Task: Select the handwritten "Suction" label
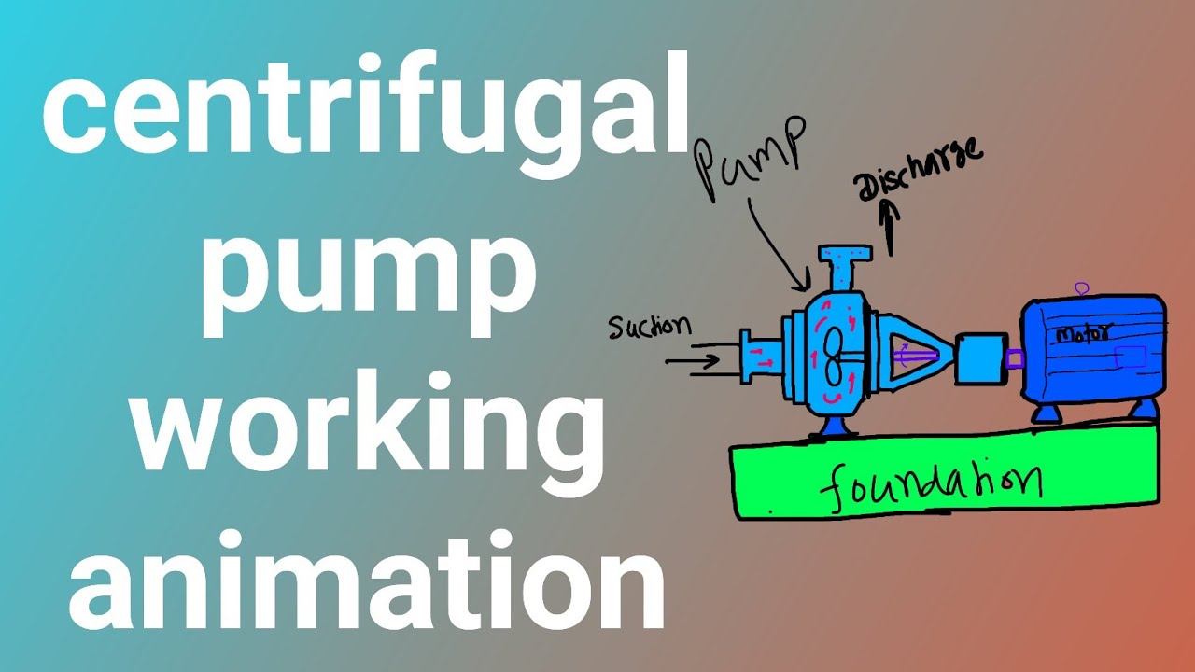click(650, 326)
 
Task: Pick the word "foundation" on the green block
click(934, 484)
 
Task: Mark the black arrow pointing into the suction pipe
click(694, 358)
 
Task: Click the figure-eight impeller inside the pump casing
click(834, 357)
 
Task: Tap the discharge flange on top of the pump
click(845, 255)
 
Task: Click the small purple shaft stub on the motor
click(1015, 357)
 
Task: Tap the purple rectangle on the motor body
click(1131, 357)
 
